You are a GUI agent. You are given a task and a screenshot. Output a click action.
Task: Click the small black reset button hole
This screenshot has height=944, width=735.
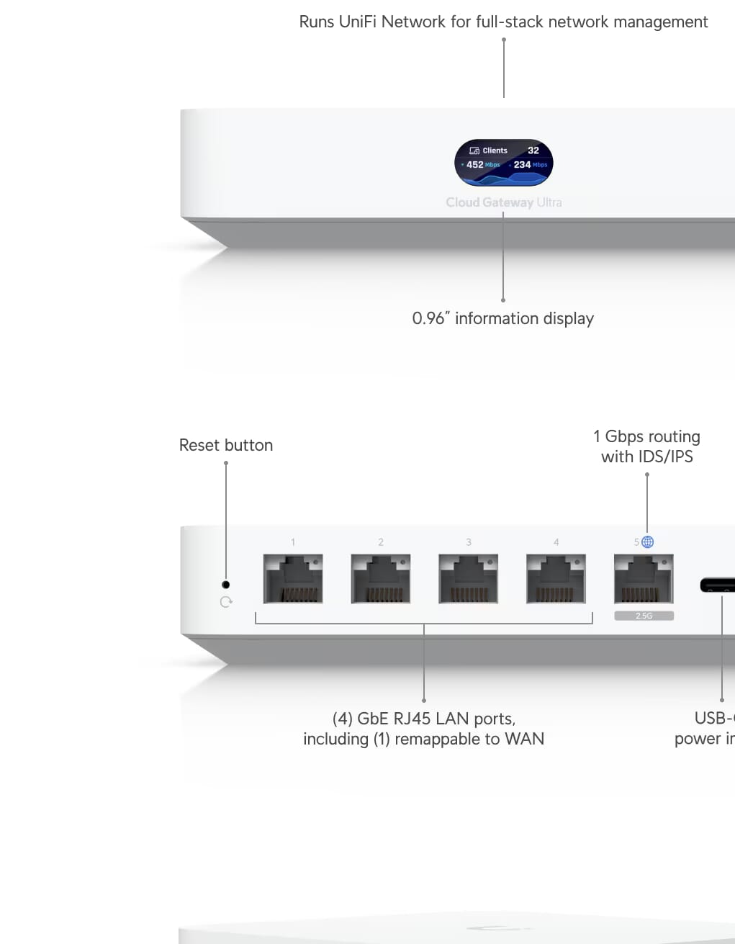click(225, 585)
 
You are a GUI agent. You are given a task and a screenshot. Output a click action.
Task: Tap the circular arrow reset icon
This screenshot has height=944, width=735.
click(226, 602)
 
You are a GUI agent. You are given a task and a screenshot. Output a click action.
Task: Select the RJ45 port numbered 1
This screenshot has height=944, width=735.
click(292, 578)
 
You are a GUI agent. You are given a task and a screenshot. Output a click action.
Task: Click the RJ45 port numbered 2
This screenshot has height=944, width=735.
click(380, 578)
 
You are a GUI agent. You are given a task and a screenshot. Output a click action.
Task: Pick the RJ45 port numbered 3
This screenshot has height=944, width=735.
click(468, 578)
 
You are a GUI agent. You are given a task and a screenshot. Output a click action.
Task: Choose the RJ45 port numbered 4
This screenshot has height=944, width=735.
click(556, 578)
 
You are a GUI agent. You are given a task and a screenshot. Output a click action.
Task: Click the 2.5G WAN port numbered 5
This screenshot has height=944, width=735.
click(644, 578)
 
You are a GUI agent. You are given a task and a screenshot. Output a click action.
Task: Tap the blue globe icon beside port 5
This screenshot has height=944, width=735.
click(648, 542)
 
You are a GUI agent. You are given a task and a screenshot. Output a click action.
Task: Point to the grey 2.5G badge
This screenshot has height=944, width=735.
click(644, 616)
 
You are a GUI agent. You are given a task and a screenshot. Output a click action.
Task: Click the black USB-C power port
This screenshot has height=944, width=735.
click(718, 585)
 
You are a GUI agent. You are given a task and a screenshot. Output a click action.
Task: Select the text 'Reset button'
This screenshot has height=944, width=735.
click(226, 445)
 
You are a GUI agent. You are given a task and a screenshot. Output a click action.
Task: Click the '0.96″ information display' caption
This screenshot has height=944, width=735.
click(502, 318)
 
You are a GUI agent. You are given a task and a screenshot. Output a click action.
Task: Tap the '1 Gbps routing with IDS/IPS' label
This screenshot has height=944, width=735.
click(646, 446)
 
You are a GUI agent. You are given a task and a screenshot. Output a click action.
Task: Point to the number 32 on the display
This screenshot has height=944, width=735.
click(533, 150)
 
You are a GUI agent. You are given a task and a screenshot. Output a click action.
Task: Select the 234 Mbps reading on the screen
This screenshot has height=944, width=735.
click(530, 165)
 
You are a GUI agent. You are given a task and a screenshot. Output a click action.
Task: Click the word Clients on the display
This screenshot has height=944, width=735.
click(495, 150)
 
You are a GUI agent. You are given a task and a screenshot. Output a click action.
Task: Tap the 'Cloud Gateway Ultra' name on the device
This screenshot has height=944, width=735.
click(503, 202)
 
